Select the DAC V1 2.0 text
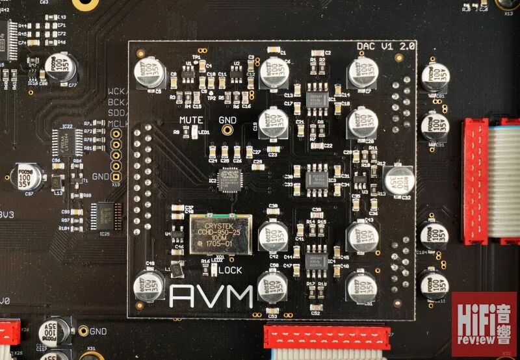385,47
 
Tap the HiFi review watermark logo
484,324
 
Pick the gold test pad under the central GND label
227,130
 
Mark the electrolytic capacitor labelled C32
398,179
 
